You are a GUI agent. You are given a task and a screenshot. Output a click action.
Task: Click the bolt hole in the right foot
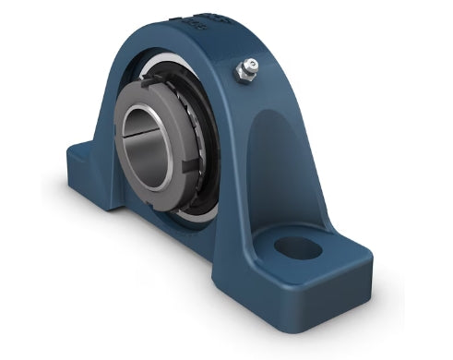pyautogui.click(x=299, y=246)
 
